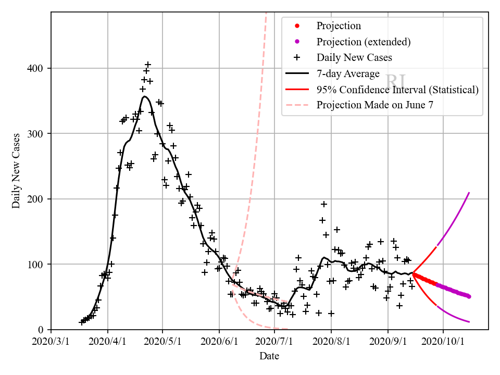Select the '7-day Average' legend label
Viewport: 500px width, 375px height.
(x=348, y=73)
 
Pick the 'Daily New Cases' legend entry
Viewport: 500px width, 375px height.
(x=354, y=57)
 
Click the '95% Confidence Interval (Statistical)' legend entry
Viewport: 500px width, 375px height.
(x=397, y=90)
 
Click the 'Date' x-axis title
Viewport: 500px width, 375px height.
(x=269, y=356)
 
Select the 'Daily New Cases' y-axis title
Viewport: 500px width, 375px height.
(x=17, y=170)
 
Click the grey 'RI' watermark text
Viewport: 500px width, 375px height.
(x=396, y=82)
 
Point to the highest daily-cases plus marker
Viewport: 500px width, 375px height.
(x=148, y=65)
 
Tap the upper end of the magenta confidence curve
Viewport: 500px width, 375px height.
(x=469, y=193)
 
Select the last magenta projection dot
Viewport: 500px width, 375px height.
(x=469, y=296)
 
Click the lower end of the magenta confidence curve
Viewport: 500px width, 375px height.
(x=469, y=322)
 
